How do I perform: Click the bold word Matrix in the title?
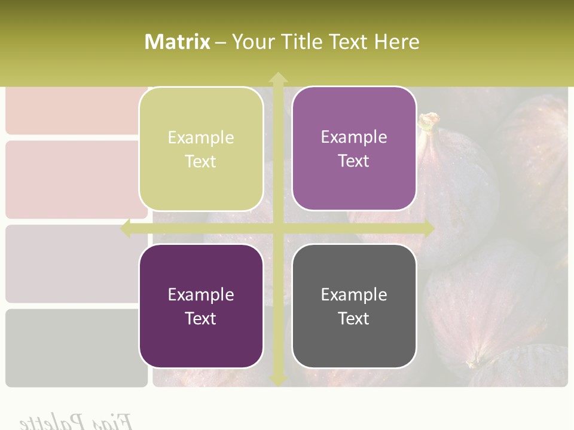coord(178,42)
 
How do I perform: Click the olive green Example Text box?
coord(201,149)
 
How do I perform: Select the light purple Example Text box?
coord(354,149)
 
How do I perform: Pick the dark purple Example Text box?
coord(201,306)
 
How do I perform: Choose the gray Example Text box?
coord(354,306)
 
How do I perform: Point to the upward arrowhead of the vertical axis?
coord(278,78)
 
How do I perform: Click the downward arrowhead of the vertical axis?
coord(278,380)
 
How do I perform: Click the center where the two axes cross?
coord(278,229)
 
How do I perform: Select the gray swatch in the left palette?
coord(77,348)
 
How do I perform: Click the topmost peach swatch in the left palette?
coord(77,110)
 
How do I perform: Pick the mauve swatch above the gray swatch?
coord(77,263)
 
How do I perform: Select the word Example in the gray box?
coord(354,294)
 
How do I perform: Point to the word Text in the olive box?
coord(201,162)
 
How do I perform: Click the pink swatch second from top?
coord(77,179)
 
